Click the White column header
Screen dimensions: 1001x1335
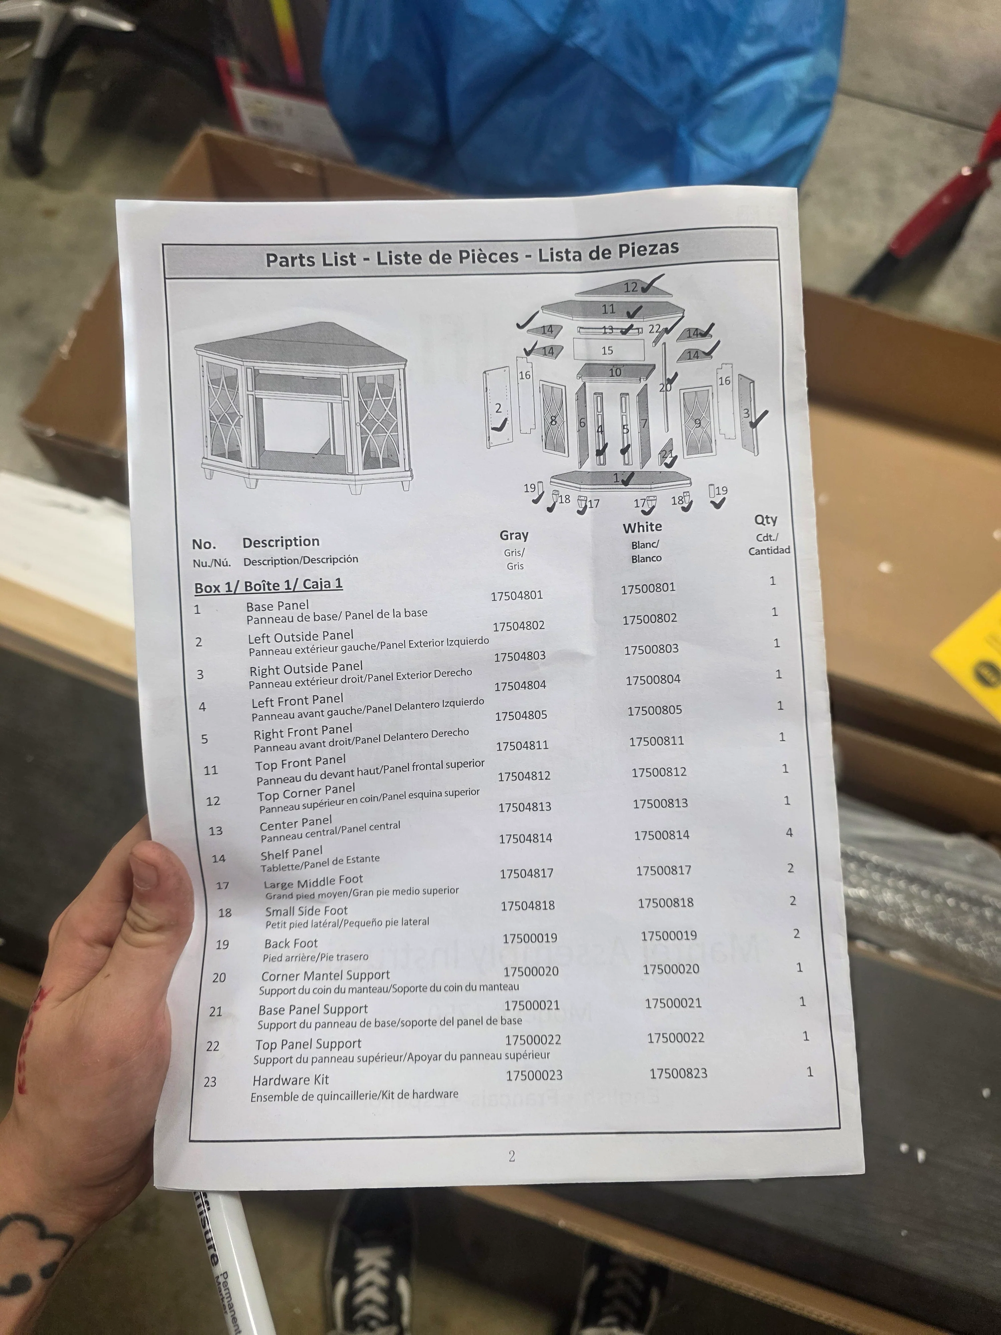(642, 527)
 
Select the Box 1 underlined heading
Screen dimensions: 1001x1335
(269, 585)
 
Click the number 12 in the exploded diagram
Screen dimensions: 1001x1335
(631, 287)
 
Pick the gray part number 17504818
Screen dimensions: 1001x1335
(527, 905)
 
